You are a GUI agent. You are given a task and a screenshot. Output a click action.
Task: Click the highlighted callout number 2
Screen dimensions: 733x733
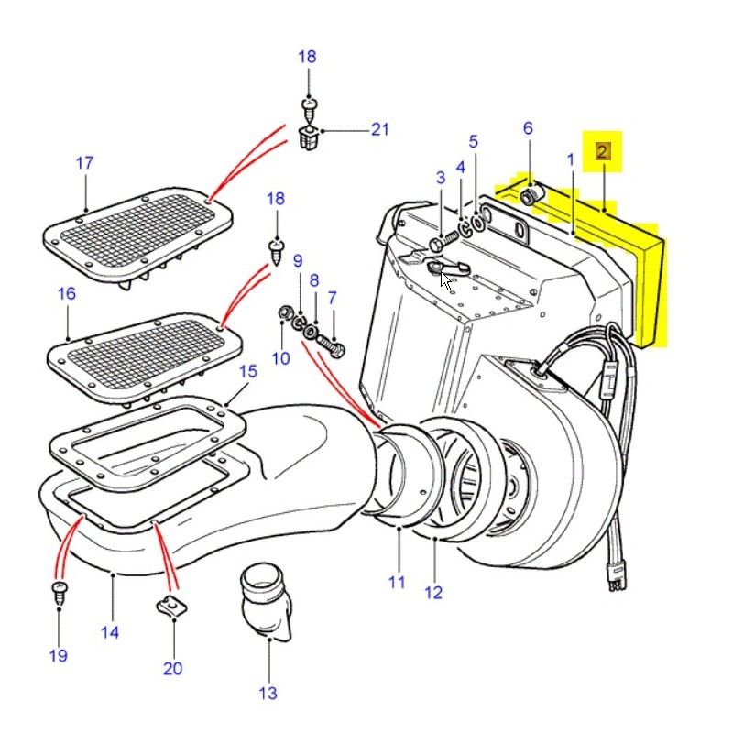pyautogui.click(x=603, y=151)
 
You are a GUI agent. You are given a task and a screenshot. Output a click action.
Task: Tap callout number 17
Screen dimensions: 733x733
pyautogui.click(x=84, y=164)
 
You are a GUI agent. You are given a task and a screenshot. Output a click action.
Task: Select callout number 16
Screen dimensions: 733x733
pyautogui.click(x=67, y=294)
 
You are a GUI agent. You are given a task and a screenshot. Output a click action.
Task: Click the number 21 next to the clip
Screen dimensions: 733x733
pyautogui.click(x=380, y=130)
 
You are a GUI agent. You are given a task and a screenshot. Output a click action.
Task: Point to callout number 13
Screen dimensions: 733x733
pyautogui.click(x=268, y=694)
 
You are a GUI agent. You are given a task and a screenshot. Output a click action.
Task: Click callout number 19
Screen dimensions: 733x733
pyautogui.click(x=58, y=655)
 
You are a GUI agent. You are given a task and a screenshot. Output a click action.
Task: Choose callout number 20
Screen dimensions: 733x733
pyautogui.click(x=173, y=668)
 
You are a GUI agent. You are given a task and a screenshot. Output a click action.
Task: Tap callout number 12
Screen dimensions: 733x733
pyautogui.click(x=433, y=593)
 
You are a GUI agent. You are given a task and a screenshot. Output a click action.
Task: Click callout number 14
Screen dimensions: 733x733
pyautogui.click(x=110, y=631)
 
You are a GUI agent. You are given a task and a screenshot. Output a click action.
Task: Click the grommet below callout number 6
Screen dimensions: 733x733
pyautogui.click(x=532, y=195)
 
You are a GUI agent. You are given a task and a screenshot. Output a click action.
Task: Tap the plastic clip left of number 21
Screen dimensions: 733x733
pyautogui.click(x=310, y=139)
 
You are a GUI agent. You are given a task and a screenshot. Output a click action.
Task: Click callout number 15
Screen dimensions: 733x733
pyautogui.click(x=247, y=372)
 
